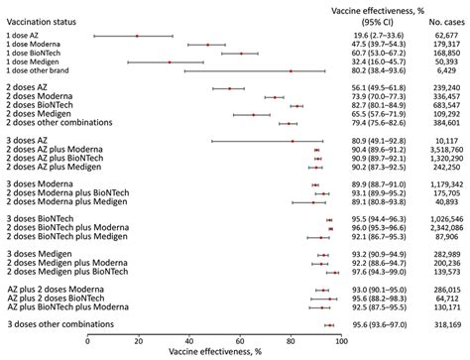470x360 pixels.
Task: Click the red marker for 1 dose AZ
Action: tap(137, 36)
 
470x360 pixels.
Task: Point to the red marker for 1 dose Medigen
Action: tap(169, 62)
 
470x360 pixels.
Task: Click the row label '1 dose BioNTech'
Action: tap(38, 54)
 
